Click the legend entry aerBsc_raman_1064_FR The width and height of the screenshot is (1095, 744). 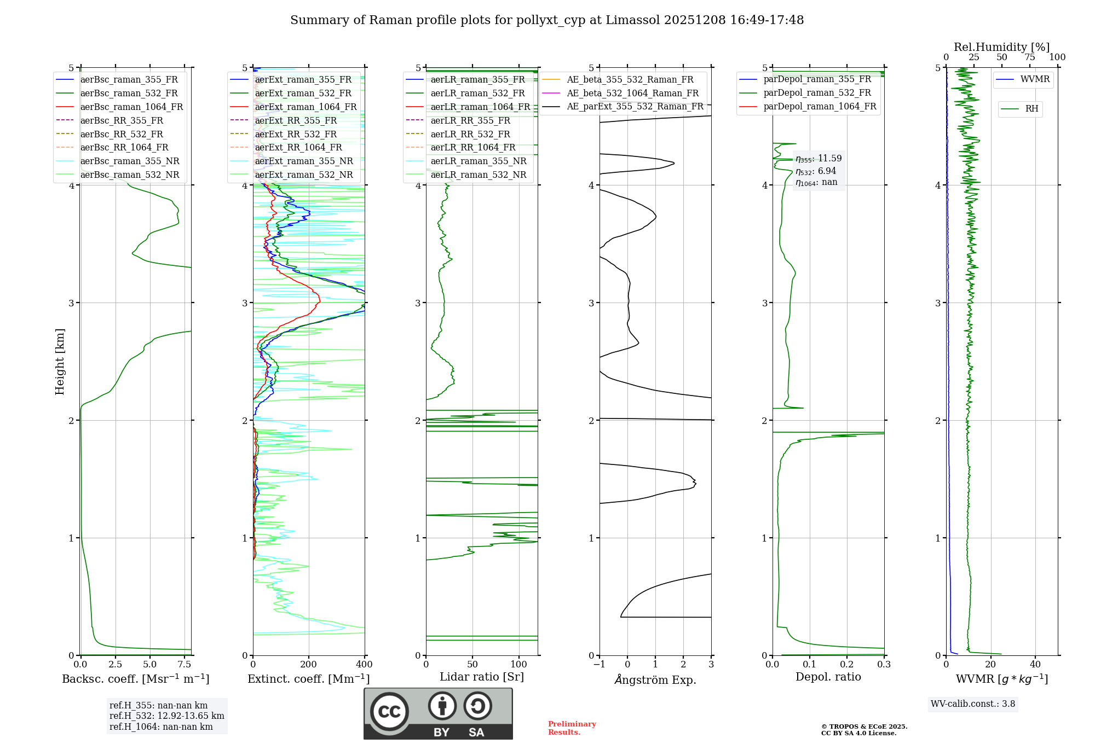131,107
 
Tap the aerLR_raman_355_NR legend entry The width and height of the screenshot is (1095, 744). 478,161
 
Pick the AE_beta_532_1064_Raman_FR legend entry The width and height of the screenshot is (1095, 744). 632,94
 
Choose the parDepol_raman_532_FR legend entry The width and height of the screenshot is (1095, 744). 817,93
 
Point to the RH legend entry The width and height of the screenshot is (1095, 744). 1031,109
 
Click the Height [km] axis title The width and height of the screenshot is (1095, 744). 60,362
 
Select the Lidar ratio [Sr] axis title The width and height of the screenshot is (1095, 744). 481,677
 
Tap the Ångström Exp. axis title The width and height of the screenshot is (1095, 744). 655,680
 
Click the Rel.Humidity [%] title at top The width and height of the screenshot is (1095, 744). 1001,47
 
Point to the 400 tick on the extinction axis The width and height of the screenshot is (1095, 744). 364,665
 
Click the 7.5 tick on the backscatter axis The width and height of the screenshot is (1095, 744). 185,665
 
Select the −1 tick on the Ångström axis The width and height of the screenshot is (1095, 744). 599,665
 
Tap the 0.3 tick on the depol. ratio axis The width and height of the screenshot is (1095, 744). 884,665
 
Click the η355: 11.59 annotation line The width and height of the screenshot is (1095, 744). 819,159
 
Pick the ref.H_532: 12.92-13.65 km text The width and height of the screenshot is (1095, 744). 166,716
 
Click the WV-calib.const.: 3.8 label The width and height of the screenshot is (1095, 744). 972,704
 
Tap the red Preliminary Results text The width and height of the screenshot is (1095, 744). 572,728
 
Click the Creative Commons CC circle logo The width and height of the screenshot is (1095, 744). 389,712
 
